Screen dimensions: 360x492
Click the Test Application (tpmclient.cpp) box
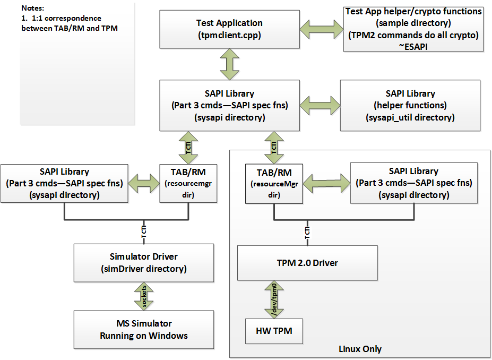(229, 29)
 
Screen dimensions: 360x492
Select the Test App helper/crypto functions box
(413, 29)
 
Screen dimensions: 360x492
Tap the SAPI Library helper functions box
(410, 105)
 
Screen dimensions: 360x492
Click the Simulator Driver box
(144, 262)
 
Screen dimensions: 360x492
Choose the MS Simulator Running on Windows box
(144, 329)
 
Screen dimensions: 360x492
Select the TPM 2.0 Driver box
(307, 263)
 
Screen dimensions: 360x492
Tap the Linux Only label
(360, 349)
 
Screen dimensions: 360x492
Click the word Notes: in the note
(33, 9)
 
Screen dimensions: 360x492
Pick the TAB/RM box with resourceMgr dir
(274, 183)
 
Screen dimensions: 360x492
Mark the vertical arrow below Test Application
(229, 63)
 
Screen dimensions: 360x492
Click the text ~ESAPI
(413, 46)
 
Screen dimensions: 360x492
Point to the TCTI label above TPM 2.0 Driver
(308, 232)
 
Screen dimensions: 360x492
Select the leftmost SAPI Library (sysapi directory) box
(64, 183)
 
